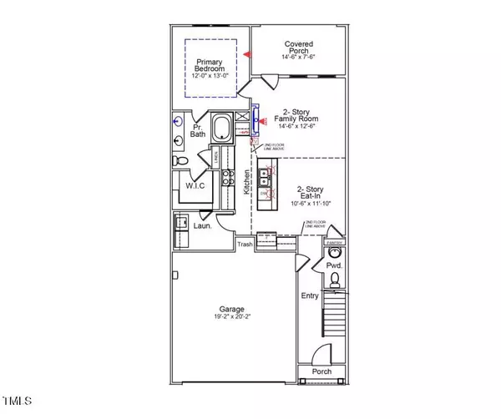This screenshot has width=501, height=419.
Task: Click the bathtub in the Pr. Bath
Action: pos(222,129)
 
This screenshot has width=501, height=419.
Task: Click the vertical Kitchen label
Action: pos(247,184)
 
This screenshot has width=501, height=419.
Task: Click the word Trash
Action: pos(245,245)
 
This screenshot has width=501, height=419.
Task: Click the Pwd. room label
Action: pos(333,266)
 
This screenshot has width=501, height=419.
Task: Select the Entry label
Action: pos(310,295)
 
